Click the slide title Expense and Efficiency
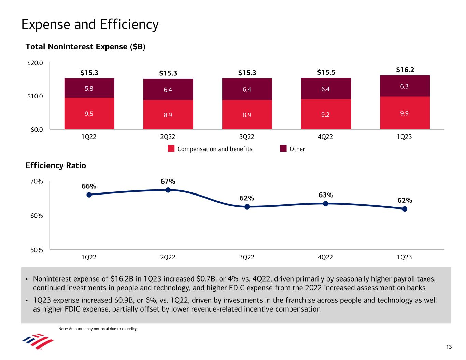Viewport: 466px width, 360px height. [x=90, y=25]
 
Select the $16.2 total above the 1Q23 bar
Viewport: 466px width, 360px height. [x=405, y=70]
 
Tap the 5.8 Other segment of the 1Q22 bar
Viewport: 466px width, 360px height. [x=89, y=88]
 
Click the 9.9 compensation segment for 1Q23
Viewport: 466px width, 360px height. [x=405, y=113]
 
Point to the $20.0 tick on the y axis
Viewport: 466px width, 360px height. [x=35, y=63]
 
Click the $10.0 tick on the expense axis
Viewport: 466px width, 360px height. [x=35, y=96]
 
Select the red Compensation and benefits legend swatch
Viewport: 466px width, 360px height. [x=171, y=149]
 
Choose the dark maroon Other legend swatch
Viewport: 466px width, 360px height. [x=283, y=149]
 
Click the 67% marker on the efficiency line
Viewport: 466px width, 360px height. [x=168, y=190]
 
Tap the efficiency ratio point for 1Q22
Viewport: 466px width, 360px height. [x=89, y=195]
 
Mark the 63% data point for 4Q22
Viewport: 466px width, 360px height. [x=326, y=204]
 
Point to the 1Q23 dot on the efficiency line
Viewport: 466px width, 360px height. [x=405, y=209]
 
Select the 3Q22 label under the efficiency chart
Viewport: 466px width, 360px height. [x=246, y=257]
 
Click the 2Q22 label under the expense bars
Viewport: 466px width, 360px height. [x=168, y=137]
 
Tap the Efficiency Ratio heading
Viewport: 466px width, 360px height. [x=56, y=166]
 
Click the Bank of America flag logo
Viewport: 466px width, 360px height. [x=38, y=342]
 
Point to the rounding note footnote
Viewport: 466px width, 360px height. [x=98, y=329]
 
